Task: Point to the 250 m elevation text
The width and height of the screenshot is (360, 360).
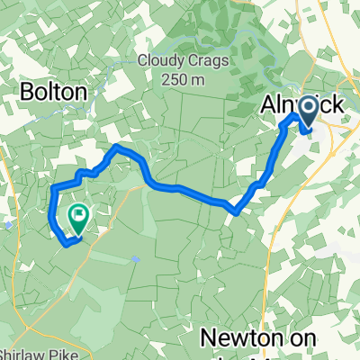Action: (x=184, y=80)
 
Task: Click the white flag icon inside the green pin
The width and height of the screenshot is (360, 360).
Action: (x=79, y=214)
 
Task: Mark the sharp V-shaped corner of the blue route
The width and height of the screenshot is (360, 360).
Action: (x=235, y=212)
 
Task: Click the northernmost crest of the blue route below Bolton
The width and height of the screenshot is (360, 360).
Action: (x=117, y=146)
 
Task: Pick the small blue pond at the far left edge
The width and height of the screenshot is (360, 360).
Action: (x=7, y=226)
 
